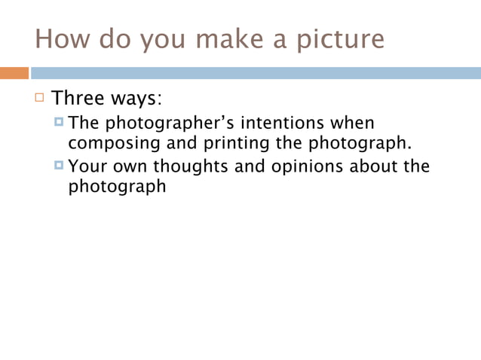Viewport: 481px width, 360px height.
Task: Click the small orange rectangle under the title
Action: [x=14, y=73]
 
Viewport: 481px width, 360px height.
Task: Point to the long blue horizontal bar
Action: [x=255, y=73]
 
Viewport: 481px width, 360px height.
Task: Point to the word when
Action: [x=354, y=122]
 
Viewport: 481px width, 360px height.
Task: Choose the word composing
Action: [x=109, y=142]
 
